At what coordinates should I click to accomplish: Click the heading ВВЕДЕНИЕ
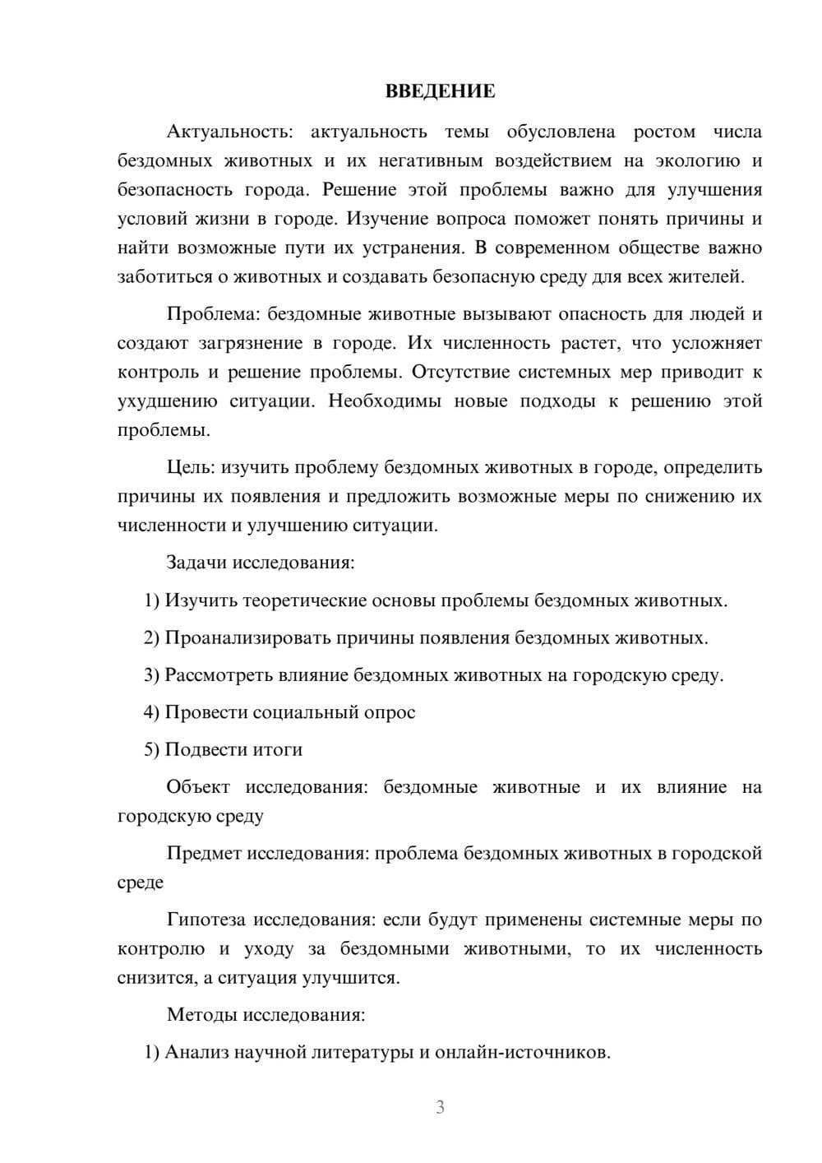click(x=440, y=91)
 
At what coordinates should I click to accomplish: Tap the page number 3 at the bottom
click(x=440, y=1107)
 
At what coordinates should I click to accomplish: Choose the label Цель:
click(x=191, y=467)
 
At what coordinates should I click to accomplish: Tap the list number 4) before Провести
click(x=151, y=712)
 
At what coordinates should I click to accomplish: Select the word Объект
click(x=199, y=787)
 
